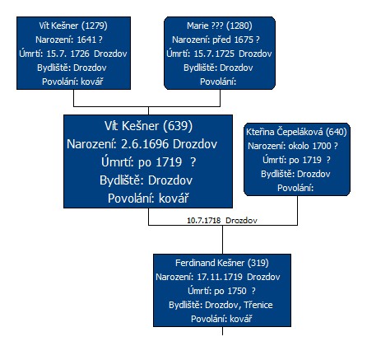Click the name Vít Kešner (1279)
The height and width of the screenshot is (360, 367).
pyautogui.click(x=73, y=26)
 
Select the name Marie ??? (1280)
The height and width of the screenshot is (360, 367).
pyautogui.click(x=220, y=26)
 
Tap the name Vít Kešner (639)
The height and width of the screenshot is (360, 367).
pyautogui.click(x=148, y=126)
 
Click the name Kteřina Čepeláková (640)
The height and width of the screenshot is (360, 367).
pyautogui.click(x=296, y=132)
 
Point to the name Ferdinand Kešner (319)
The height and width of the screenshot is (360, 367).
pyautogui.click(x=222, y=263)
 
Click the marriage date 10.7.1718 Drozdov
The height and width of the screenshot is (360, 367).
pyautogui.click(x=222, y=221)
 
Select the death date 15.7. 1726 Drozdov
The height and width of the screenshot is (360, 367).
pyautogui.click(x=86, y=54)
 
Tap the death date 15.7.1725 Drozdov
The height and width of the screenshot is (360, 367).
pyautogui.click(x=233, y=54)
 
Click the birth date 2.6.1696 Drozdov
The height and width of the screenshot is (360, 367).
pyautogui.click(x=169, y=144)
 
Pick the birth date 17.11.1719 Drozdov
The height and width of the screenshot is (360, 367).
pyautogui.click(x=239, y=277)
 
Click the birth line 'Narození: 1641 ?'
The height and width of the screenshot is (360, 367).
pyautogui.click(x=69, y=40)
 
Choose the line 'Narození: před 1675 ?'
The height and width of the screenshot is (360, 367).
pyautogui.click(x=216, y=40)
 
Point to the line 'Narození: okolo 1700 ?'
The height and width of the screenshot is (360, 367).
pyautogui.click(x=293, y=146)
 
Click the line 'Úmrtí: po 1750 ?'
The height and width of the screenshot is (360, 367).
pyautogui.click(x=221, y=291)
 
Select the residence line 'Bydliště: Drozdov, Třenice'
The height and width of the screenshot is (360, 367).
pyautogui.click(x=221, y=305)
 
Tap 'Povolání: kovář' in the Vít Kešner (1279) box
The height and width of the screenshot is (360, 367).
pyautogui.click(x=72, y=82)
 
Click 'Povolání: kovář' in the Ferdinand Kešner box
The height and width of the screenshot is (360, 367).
pyautogui.click(x=221, y=319)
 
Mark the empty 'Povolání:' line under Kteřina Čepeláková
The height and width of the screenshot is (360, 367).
pyautogui.click(x=295, y=188)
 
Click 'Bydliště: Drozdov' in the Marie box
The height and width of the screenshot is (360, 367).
pyautogui.click(x=218, y=68)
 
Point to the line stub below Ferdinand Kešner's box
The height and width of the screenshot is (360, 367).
pyautogui.click(x=222, y=331)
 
